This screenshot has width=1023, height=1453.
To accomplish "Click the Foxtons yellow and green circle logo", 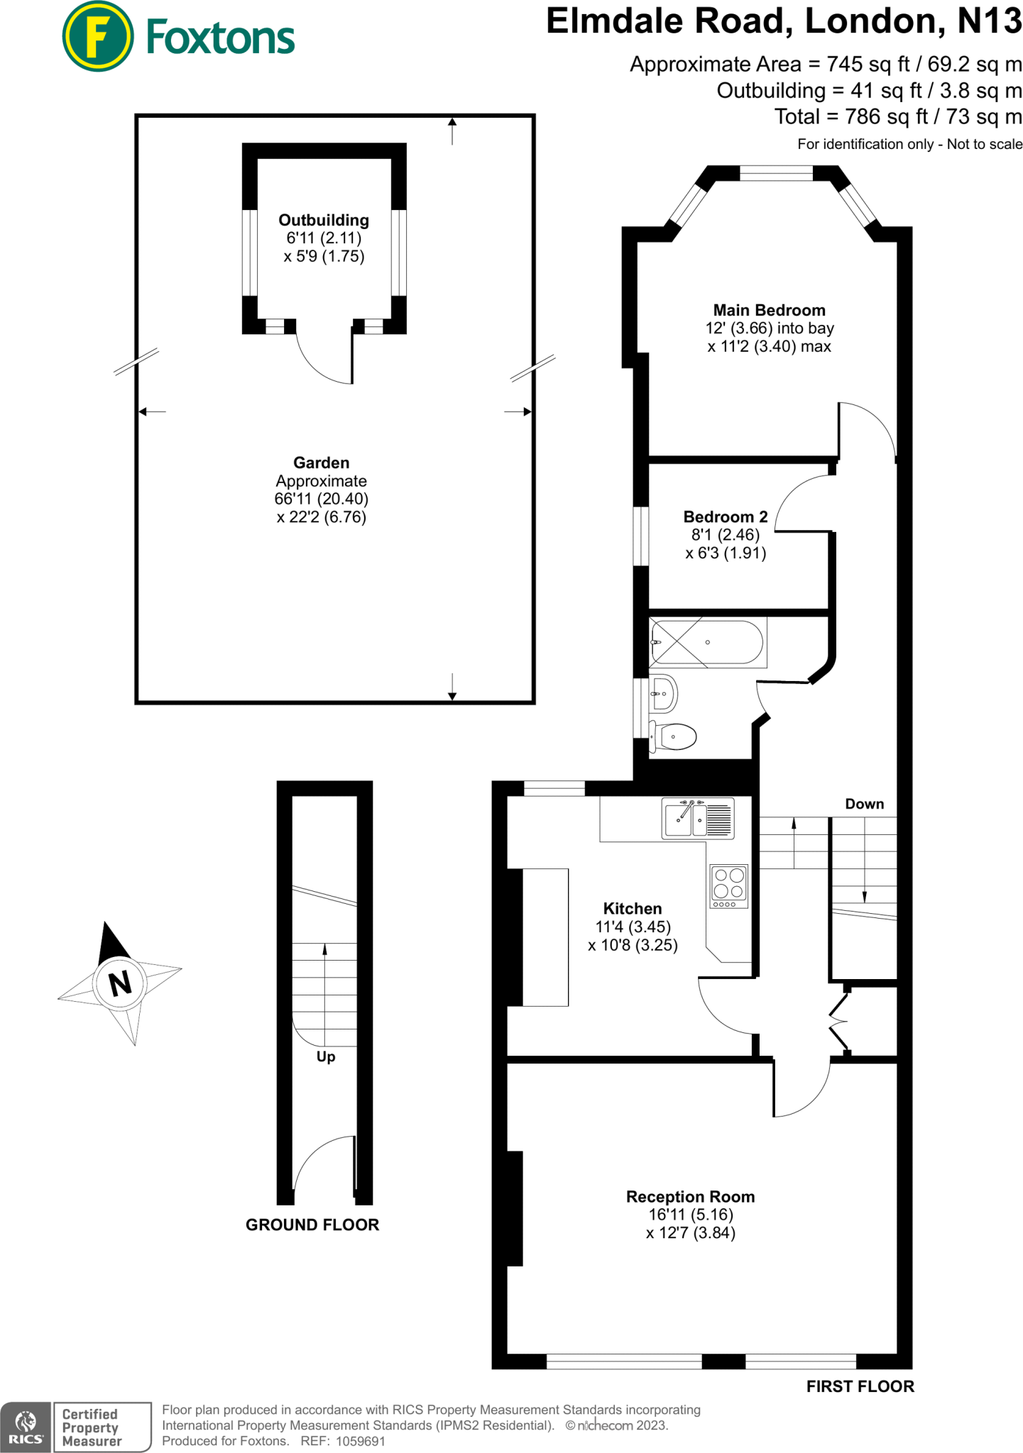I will tap(97, 36).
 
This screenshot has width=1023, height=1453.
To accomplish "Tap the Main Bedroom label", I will tap(769, 310).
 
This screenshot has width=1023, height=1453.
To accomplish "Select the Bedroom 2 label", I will tap(725, 516).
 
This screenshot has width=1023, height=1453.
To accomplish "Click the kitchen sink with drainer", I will tap(697, 819).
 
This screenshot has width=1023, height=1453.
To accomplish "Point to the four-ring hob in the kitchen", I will tap(729, 885).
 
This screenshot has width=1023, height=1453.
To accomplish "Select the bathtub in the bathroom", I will tap(707, 642).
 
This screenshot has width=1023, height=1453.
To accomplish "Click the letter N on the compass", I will tap(120, 983).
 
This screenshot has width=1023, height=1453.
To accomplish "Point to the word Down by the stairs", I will tap(864, 804).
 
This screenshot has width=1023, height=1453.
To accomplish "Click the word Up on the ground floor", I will tap(326, 1056).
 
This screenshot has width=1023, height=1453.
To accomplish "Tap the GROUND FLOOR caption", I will tap(312, 1225).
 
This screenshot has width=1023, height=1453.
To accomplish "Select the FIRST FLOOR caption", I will tap(860, 1386).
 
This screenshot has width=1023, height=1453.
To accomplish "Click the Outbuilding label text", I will tap(324, 220).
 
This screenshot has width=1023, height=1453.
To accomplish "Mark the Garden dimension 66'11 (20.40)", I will tap(322, 499).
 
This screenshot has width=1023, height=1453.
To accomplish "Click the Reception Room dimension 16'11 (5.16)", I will tap(690, 1215).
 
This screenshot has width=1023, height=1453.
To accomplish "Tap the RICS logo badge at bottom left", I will tap(26, 1427).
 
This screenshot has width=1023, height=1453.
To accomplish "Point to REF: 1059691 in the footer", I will tap(343, 1441).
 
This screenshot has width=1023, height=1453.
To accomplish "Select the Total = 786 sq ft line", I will tap(897, 116).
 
